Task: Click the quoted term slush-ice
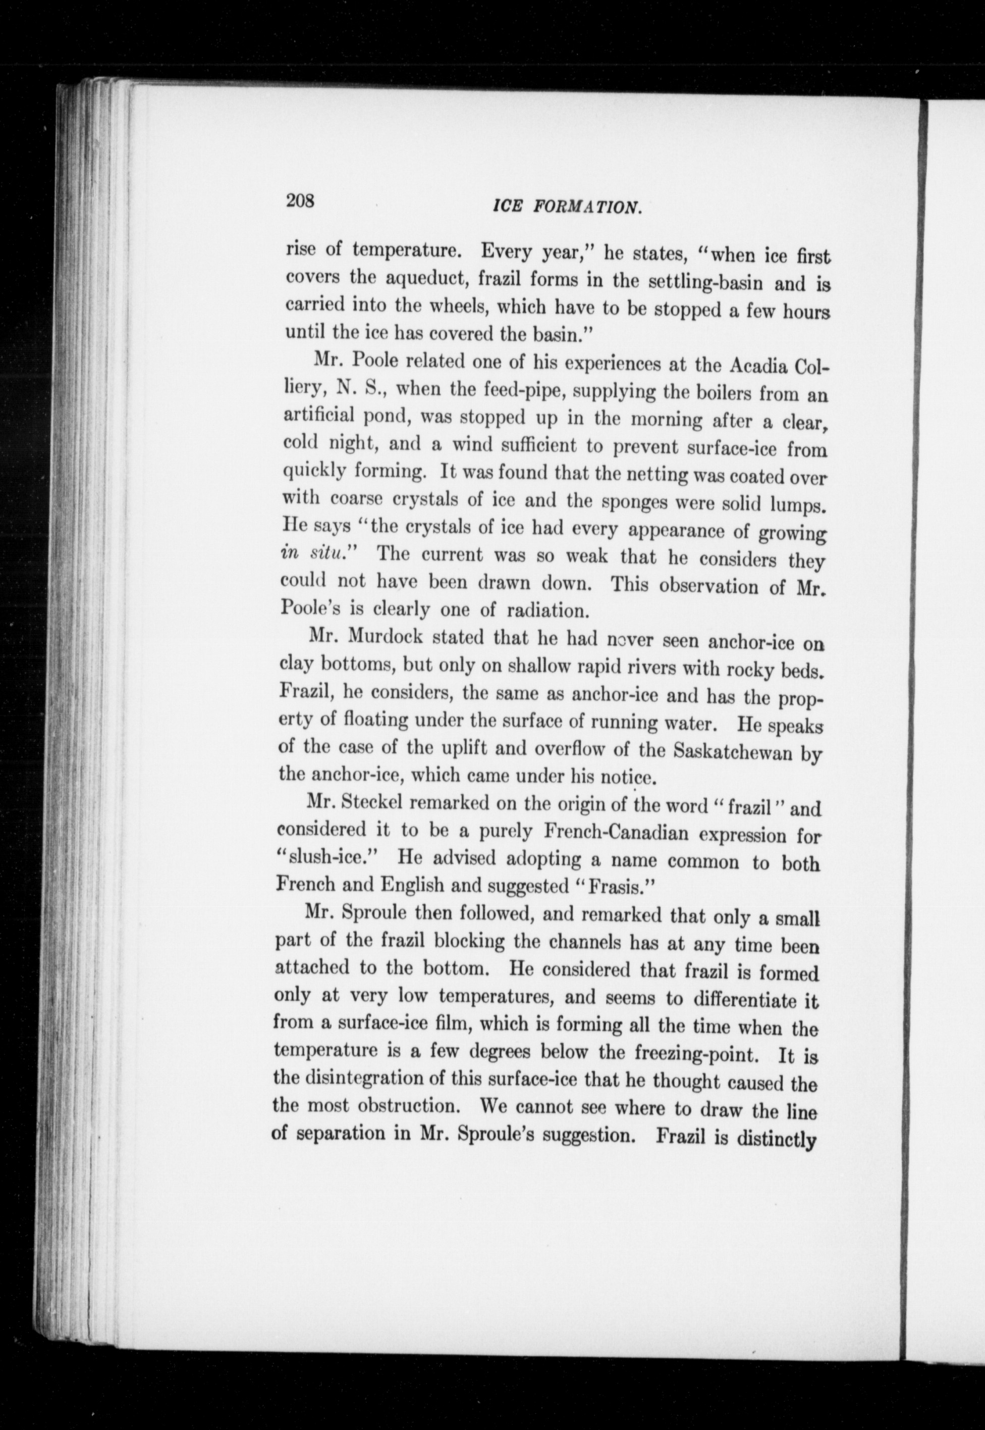pyautogui.click(x=329, y=857)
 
